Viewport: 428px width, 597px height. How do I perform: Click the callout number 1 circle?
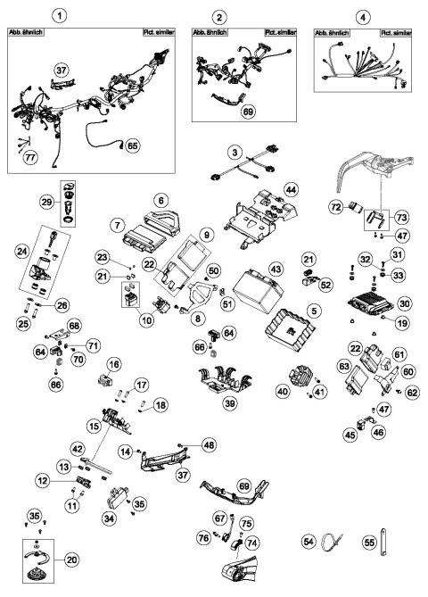60,16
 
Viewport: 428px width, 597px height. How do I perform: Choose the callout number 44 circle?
290,189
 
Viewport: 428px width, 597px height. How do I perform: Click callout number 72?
338,207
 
